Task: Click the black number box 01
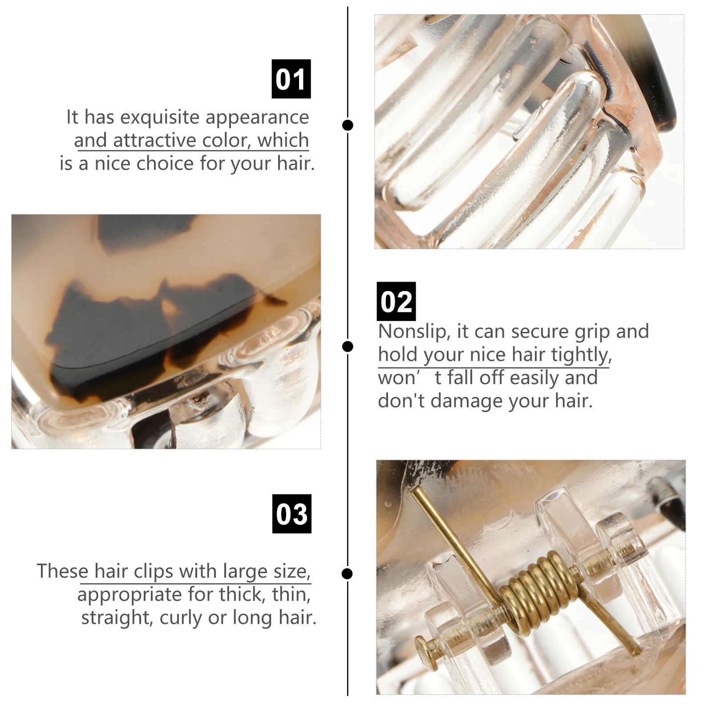coord(291,79)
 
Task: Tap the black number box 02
coord(396,301)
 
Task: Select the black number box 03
coord(291,514)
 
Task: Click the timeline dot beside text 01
coord(348,125)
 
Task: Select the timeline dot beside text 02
coord(348,346)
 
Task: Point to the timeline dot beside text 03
coord(348,573)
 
